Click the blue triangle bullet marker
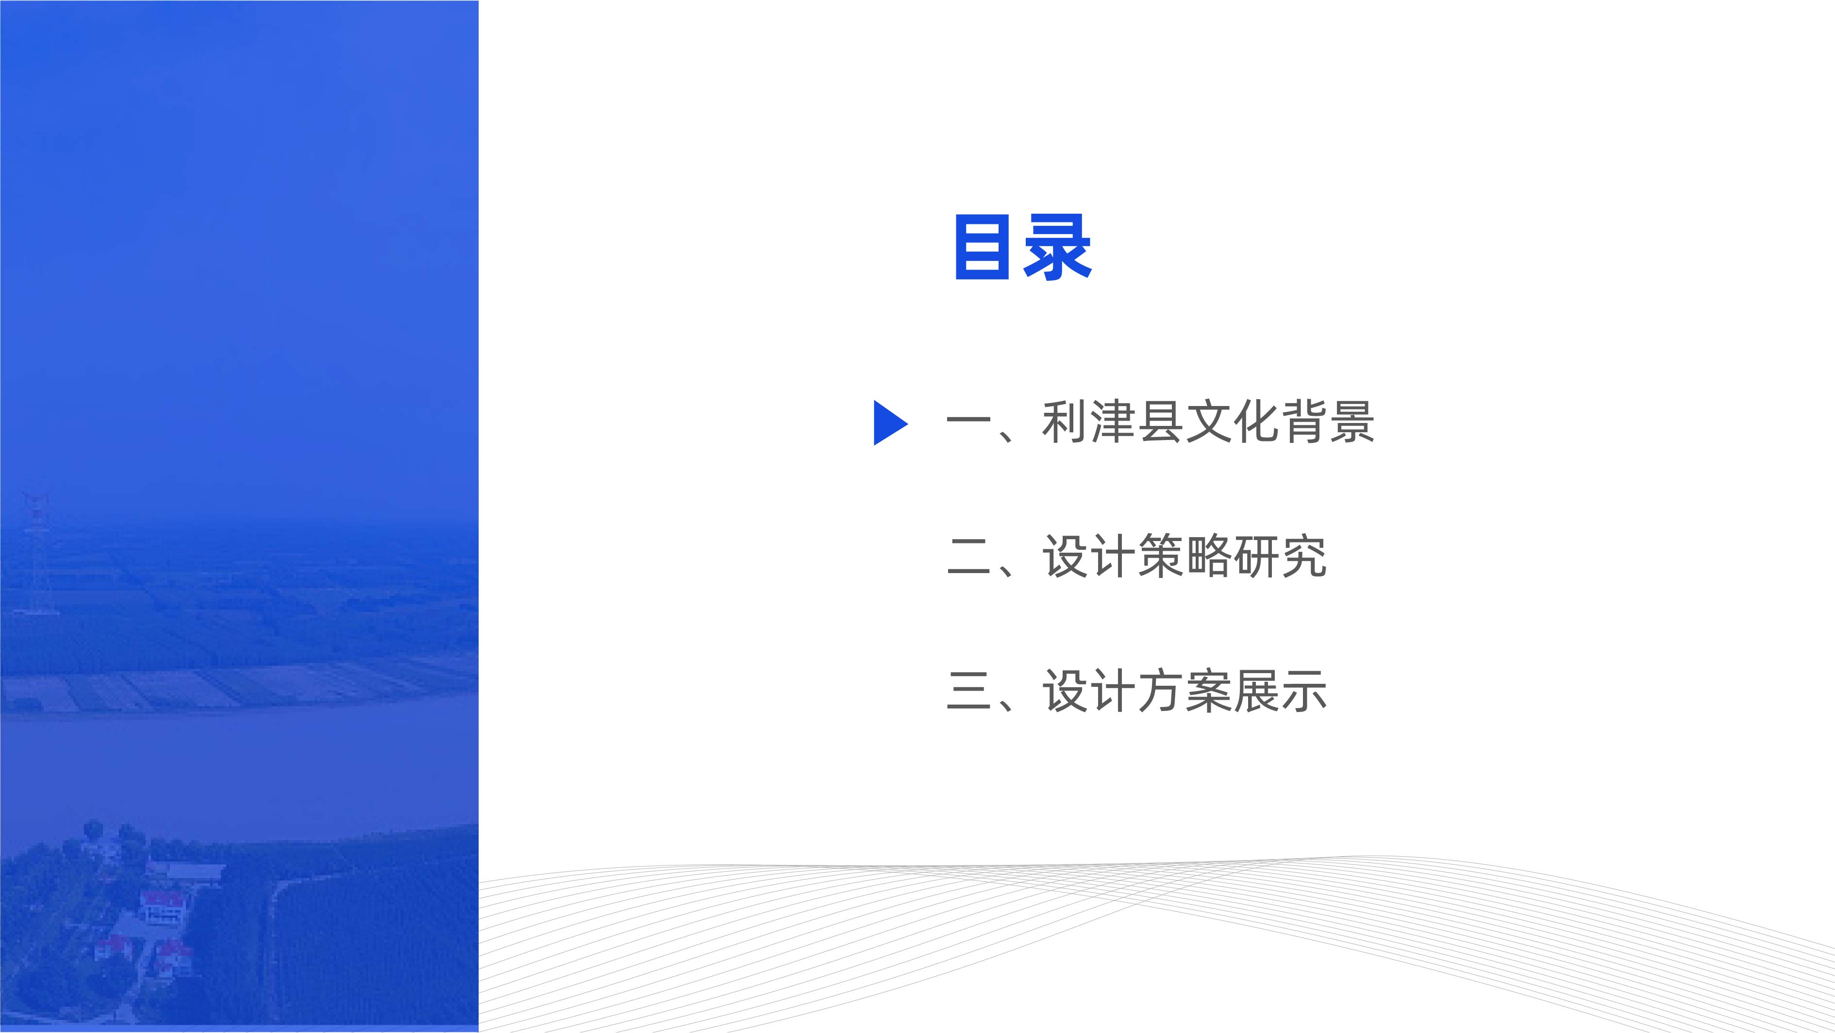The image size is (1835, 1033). [890, 423]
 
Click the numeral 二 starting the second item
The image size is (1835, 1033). [969, 557]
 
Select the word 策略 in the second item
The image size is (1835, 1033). [1184, 556]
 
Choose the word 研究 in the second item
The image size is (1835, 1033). [1280, 556]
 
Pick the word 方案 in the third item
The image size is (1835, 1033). [1184, 690]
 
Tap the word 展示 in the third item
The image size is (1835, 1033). [1280, 690]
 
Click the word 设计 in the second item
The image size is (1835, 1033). [1089, 556]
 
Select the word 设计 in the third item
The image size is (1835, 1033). [1089, 690]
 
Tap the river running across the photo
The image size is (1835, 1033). [239, 769]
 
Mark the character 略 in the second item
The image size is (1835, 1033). [1209, 556]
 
